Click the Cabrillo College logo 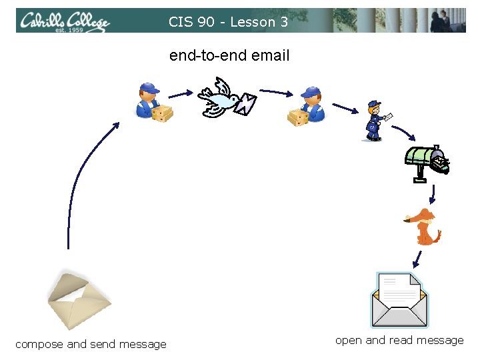64,22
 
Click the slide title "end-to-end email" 229,56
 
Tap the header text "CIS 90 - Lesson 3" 229,22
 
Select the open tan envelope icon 79,299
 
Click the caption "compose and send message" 91,345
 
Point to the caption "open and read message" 399,341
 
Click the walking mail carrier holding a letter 375,121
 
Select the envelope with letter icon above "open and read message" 399,299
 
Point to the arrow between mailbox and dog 433,194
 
